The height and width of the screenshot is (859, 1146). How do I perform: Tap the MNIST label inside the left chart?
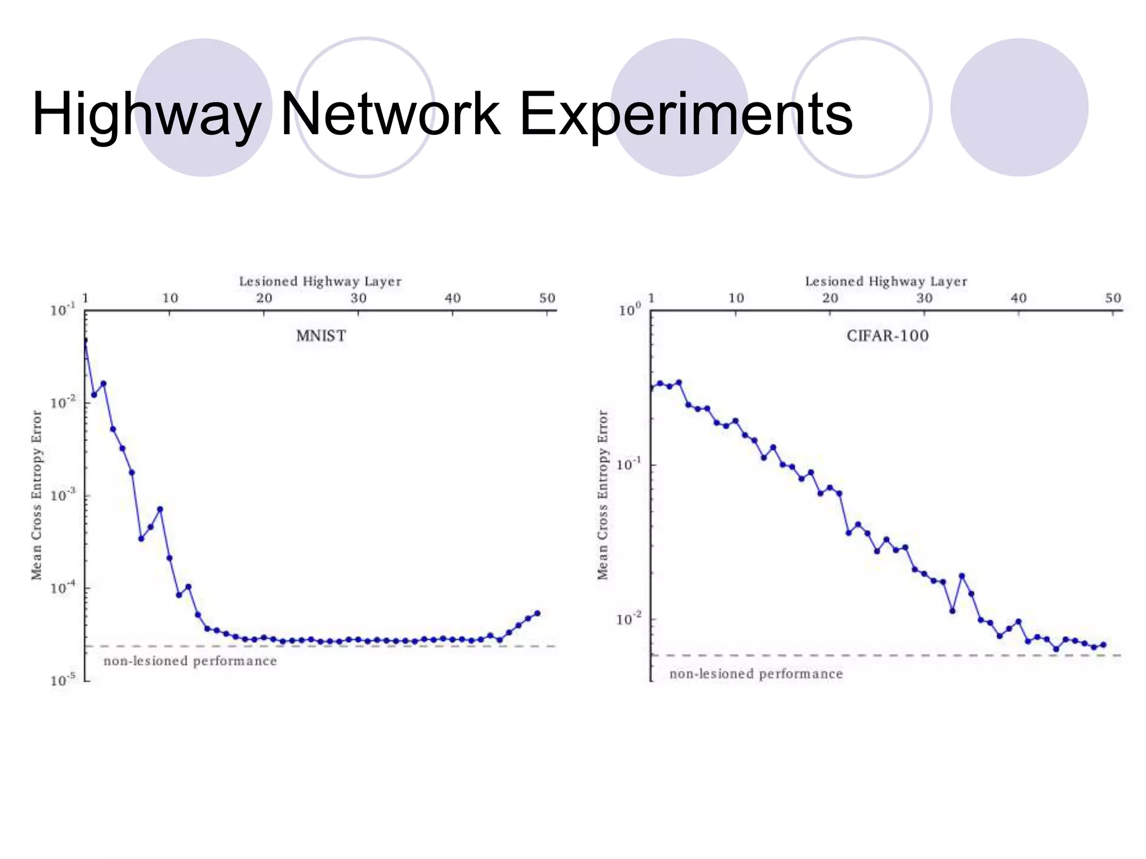point(321,336)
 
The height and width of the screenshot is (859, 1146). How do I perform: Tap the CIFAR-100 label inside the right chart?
point(887,336)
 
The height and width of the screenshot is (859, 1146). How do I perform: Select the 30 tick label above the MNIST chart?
point(359,298)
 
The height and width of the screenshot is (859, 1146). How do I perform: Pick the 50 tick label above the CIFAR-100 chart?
point(1113,298)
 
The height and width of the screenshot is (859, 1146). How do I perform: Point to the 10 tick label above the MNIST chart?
point(170,298)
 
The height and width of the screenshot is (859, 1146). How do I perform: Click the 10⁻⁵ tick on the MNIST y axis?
point(62,680)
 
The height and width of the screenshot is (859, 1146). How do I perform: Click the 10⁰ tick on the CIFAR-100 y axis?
point(630,310)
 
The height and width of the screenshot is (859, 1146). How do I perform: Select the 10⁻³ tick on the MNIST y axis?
point(62,495)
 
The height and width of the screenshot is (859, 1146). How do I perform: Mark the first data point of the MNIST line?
point(85,340)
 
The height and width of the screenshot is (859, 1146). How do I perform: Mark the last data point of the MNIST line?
point(537,613)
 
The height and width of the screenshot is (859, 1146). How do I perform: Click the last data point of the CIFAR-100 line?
point(1103,645)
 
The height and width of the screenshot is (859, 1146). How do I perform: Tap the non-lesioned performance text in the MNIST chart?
point(190,661)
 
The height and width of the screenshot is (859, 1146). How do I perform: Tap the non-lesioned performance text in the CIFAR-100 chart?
point(756,674)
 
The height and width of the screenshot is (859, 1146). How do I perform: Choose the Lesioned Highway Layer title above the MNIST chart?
point(320,281)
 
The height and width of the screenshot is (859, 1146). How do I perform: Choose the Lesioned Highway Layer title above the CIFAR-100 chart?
point(886,281)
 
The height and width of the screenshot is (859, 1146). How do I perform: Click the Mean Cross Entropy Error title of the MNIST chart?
point(37,495)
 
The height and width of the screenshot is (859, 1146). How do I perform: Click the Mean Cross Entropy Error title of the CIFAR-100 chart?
point(603,495)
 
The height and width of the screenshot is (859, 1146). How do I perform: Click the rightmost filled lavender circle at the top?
point(1019,107)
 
